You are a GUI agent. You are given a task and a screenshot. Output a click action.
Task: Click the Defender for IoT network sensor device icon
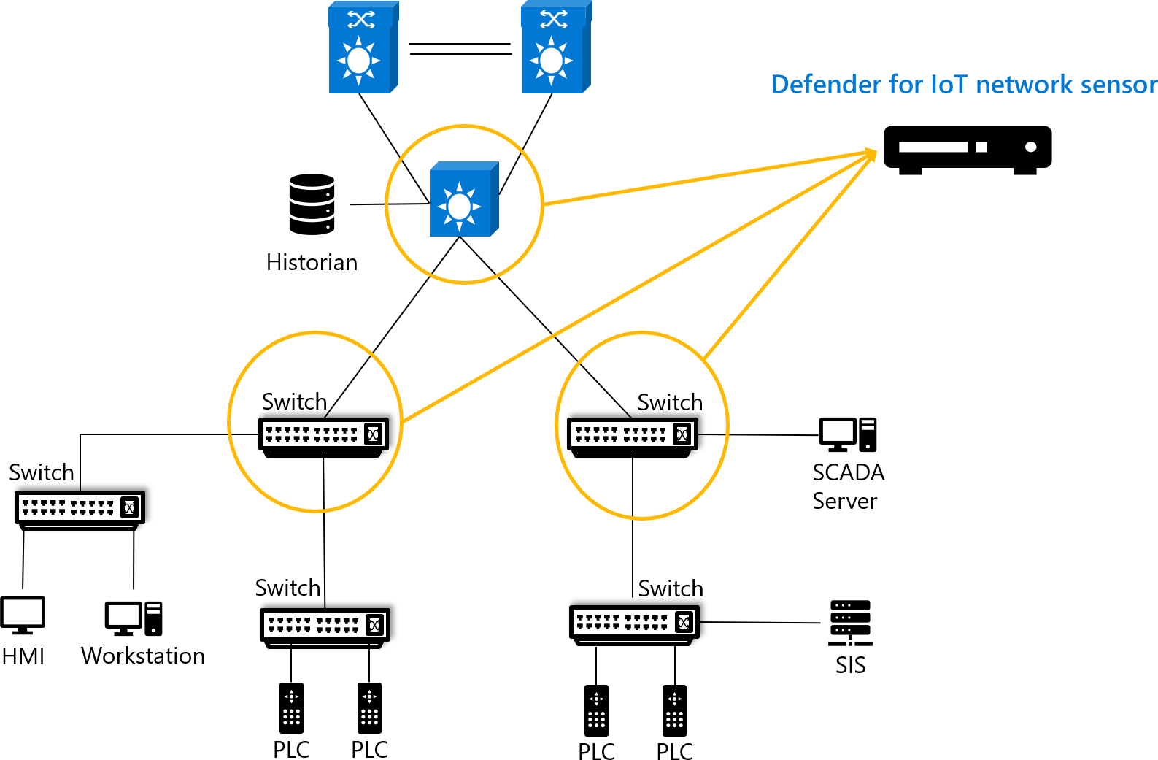pos(968,150)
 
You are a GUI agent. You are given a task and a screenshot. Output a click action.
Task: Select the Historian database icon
pos(312,204)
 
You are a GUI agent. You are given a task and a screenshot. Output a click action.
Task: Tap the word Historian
pos(312,262)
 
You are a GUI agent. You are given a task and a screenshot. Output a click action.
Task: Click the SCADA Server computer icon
pos(847,435)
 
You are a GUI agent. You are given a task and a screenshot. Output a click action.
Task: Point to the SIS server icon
pos(850,623)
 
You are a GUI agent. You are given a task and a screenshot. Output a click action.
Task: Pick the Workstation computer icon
pos(134,618)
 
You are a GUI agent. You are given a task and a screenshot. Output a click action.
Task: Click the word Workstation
pos(143,656)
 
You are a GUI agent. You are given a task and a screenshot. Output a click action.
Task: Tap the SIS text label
pos(850,665)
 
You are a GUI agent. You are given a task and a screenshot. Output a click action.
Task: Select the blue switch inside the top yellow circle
pos(464,199)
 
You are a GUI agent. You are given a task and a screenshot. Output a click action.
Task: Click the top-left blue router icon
pos(363,47)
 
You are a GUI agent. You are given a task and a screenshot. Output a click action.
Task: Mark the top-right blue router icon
pos(555,47)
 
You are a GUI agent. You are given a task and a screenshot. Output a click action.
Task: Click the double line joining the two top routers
pos(460,49)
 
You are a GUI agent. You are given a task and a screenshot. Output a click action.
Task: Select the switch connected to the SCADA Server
pos(633,437)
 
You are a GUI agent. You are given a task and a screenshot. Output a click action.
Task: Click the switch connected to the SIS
pos(634,624)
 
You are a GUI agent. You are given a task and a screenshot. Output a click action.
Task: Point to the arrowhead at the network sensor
pos(871,154)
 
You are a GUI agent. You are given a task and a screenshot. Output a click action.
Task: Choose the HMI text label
pos(23,656)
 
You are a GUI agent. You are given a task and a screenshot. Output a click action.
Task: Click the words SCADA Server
pos(848,486)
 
